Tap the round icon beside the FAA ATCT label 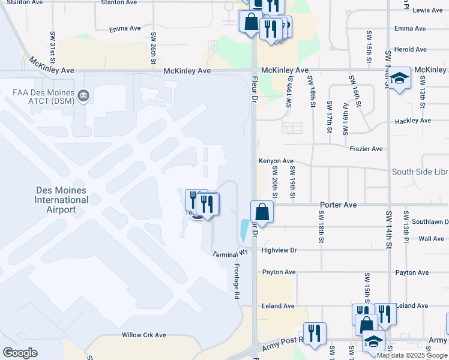click(83, 95)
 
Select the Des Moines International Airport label click(61, 200)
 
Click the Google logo click(20, 353)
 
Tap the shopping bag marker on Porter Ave click(262, 212)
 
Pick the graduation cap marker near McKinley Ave click(399, 79)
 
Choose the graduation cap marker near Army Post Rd click(373, 341)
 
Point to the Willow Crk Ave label click(143, 335)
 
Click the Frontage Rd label click(237, 281)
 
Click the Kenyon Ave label click(276, 161)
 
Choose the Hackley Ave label click(413, 121)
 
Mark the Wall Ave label click(431, 239)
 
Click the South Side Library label click(420, 172)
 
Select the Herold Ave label click(410, 50)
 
